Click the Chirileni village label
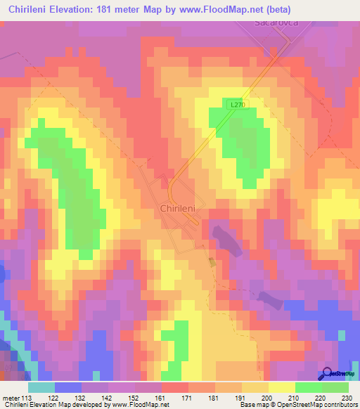click(x=182, y=209)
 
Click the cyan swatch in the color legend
click(x=41, y=387)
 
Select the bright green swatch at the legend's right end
click(x=335, y=387)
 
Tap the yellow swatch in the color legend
click(x=281, y=387)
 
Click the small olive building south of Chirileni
click(x=212, y=262)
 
